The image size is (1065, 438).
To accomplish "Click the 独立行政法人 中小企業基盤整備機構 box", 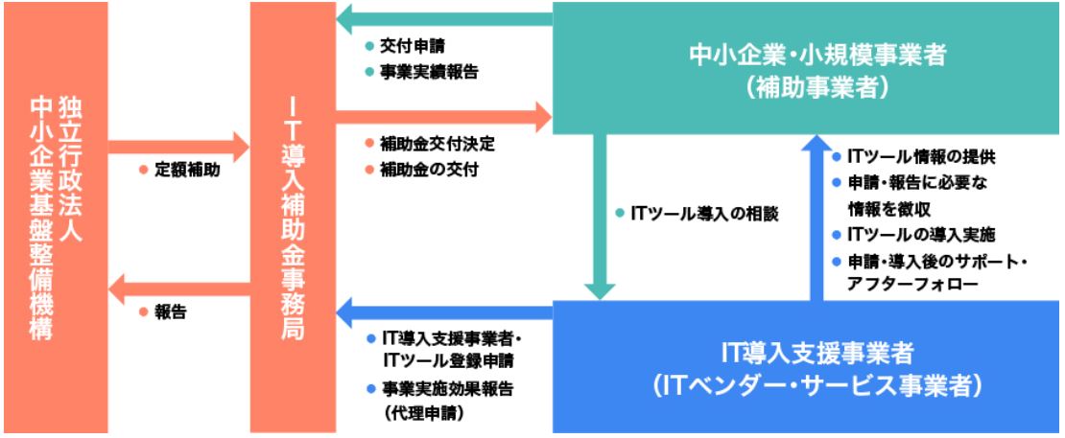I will pos(54,218).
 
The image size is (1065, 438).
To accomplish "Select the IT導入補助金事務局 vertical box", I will pos(293,218).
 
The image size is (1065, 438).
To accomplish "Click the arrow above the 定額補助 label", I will pos(178,148).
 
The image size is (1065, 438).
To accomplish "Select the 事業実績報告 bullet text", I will pos(429,69).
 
